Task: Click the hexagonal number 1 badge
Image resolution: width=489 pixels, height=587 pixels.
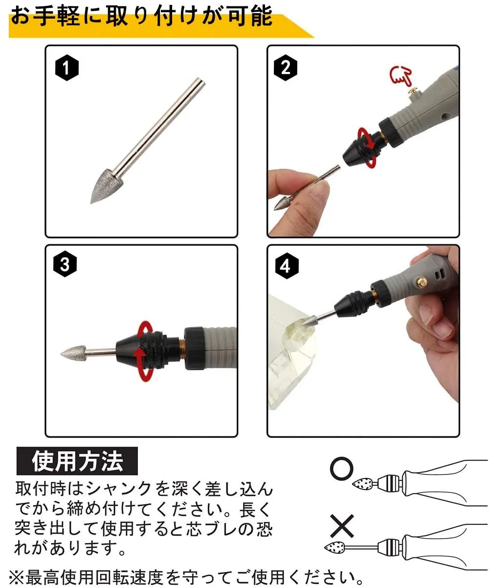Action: [x=67, y=68]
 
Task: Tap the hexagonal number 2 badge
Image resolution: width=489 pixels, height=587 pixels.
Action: [x=285, y=68]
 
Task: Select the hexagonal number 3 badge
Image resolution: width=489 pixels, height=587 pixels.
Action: [x=65, y=264]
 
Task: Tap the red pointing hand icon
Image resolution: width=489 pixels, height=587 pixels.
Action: [x=401, y=75]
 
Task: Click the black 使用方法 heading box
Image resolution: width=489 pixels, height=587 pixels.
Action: [x=77, y=461]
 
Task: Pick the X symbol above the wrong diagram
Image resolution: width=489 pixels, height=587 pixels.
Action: [x=342, y=526]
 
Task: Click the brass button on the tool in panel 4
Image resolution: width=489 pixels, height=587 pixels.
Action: [x=421, y=282]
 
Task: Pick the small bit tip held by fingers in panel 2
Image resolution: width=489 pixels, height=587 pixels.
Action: [x=281, y=203]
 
